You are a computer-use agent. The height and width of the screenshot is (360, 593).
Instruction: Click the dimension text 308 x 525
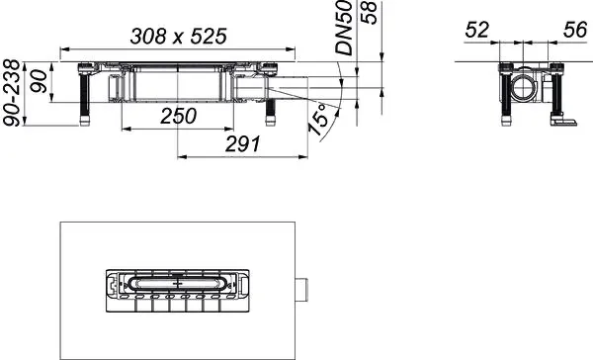[x=178, y=36]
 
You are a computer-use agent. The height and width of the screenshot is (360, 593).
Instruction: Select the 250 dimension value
[x=178, y=116]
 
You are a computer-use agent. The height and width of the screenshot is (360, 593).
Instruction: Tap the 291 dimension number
[x=241, y=143]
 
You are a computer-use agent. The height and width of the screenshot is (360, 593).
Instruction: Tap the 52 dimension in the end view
[x=477, y=31]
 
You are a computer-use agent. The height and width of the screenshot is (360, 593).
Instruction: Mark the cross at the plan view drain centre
[x=178, y=283]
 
